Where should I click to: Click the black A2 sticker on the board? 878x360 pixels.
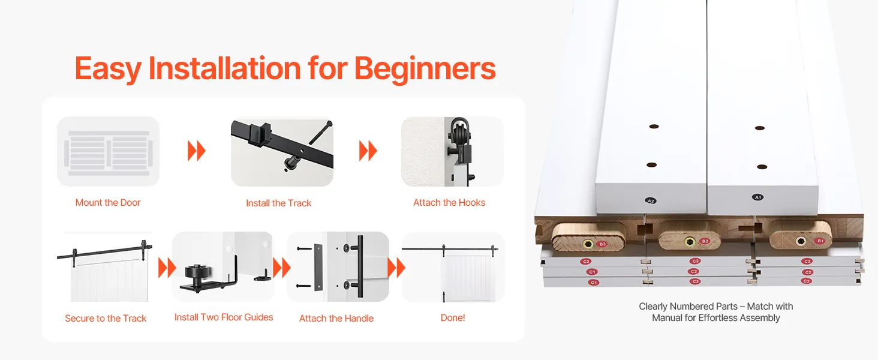pyautogui.click(x=651, y=201)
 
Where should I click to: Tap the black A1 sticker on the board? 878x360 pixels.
pyautogui.click(x=757, y=197)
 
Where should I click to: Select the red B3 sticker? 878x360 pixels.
pyautogui.click(x=602, y=244)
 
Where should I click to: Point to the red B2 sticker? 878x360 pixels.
pyautogui.click(x=705, y=241)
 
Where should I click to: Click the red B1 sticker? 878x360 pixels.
pyautogui.click(x=820, y=241)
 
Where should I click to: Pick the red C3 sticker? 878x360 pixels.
pyautogui.click(x=806, y=281)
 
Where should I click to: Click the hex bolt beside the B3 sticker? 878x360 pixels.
pyautogui.click(x=587, y=244)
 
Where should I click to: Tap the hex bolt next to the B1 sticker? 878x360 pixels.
pyautogui.click(x=801, y=241)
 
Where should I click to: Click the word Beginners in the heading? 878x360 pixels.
pyautogui.click(x=425, y=69)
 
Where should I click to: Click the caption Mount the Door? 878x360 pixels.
pyautogui.click(x=108, y=202)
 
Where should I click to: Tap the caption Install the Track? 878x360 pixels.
pyautogui.click(x=279, y=203)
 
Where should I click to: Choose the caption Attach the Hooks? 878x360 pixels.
pyautogui.click(x=449, y=202)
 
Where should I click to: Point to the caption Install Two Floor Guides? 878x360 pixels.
pyautogui.click(x=224, y=317)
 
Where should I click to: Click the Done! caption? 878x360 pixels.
pyautogui.click(x=453, y=317)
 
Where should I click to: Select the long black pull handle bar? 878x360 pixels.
pyautogui.click(x=360, y=266)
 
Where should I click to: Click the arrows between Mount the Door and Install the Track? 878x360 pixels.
pyautogui.click(x=197, y=151)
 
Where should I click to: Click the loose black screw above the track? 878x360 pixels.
pyautogui.click(x=321, y=133)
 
